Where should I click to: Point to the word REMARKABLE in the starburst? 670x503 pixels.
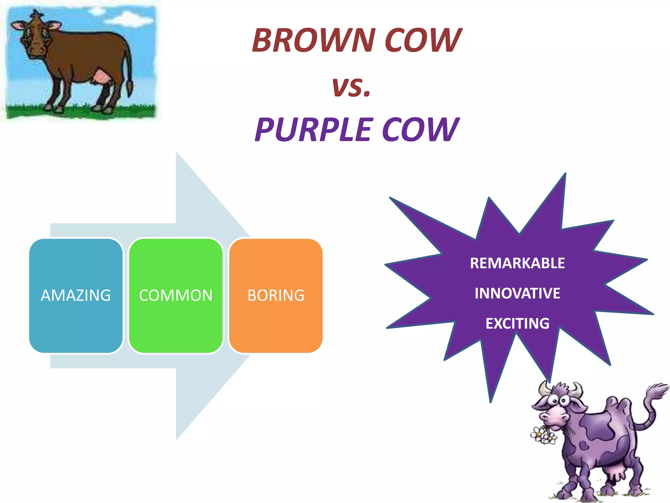[x=517, y=263]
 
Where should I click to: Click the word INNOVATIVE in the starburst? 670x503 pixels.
[x=517, y=293]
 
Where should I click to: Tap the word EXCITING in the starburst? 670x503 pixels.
[x=517, y=324]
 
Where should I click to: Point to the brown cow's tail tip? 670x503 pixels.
[x=130, y=88]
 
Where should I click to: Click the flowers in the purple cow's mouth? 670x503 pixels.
[x=543, y=436]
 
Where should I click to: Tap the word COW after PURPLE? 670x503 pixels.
[x=420, y=130]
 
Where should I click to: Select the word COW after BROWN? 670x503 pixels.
[x=423, y=40]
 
